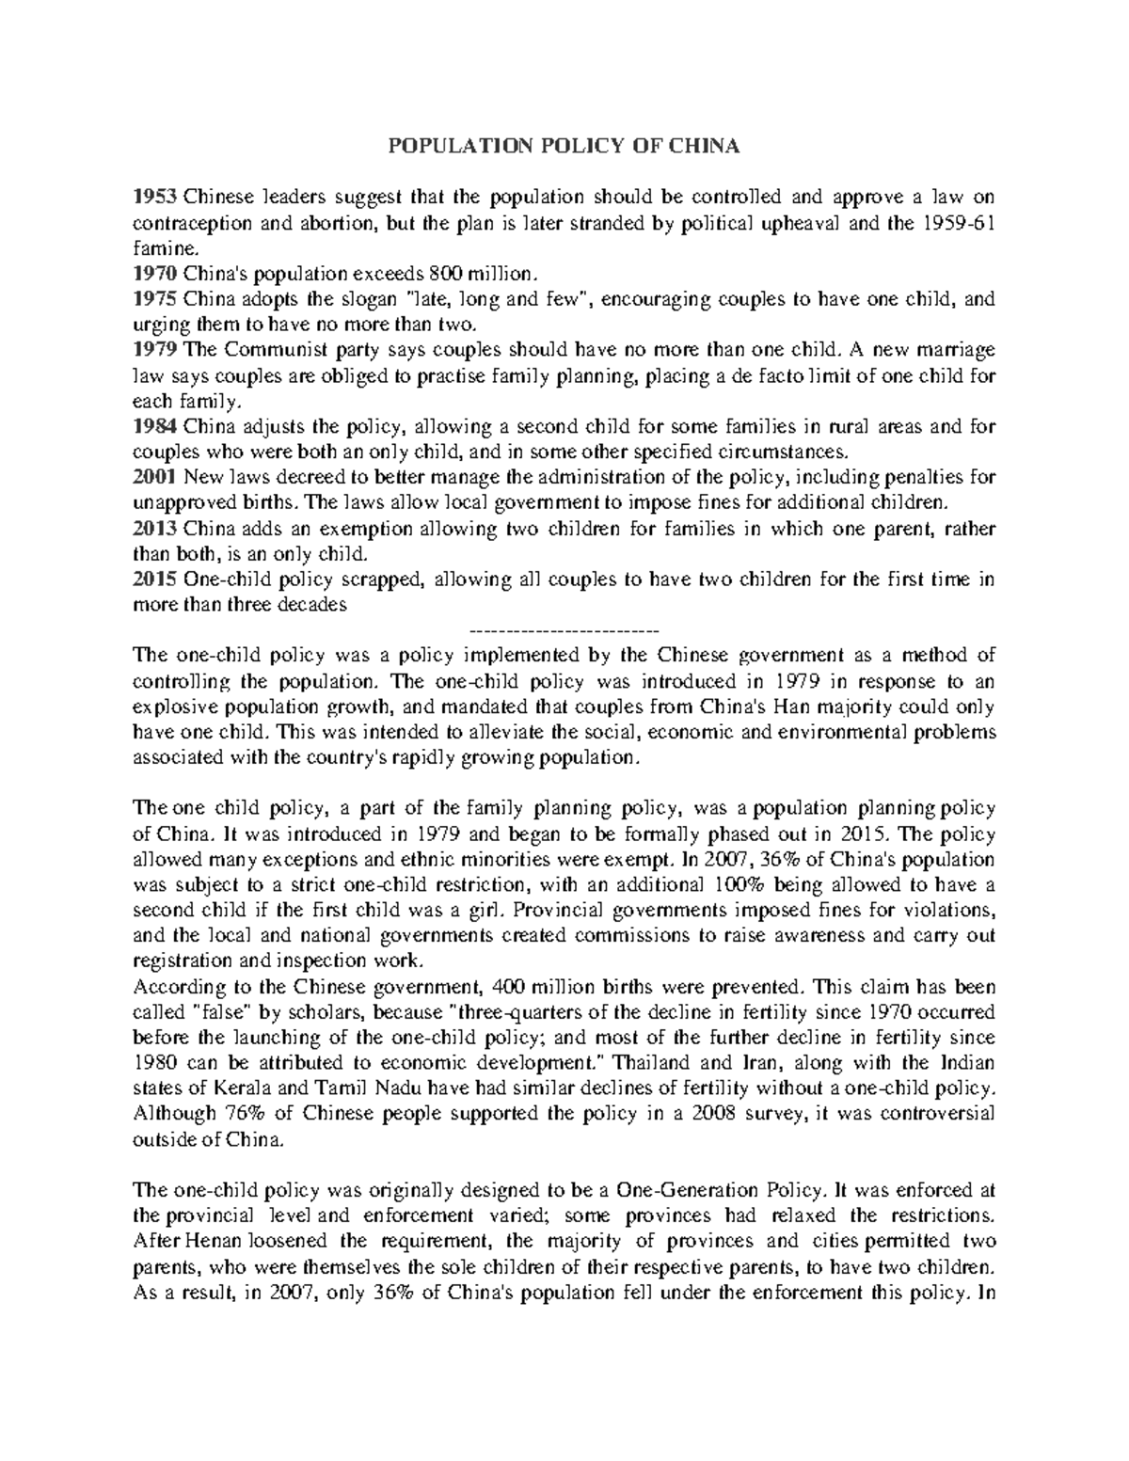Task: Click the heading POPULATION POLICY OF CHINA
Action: pos(564,146)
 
